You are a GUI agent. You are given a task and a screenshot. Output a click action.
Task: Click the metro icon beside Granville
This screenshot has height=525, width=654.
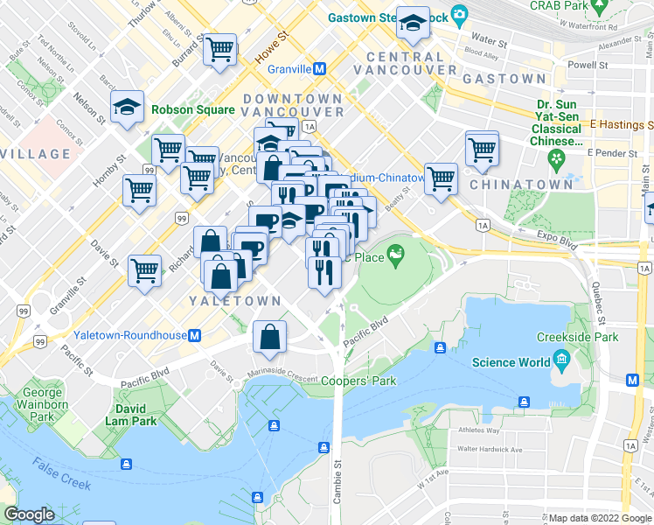click(321, 68)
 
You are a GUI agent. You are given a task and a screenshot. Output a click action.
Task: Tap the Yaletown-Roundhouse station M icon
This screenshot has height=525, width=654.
click(196, 335)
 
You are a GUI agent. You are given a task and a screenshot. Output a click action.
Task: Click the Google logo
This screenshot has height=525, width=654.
click(29, 514)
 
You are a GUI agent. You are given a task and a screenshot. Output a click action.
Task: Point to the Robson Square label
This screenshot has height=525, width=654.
click(192, 110)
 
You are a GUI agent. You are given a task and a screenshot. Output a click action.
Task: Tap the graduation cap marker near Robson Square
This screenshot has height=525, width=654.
click(128, 108)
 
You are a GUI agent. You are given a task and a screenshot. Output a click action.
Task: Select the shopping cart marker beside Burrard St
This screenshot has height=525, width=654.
click(220, 49)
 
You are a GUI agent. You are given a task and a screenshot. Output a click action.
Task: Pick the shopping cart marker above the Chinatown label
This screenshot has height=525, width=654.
click(482, 148)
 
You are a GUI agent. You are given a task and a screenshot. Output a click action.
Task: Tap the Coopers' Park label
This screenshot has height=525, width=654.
click(358, 381)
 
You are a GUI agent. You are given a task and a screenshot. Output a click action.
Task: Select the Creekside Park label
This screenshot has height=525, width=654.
click(578, 337)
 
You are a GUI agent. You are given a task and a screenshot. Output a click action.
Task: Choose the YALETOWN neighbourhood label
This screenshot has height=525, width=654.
click(235, 300)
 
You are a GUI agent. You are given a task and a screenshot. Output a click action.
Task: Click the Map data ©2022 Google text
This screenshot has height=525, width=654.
click(599, 518)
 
